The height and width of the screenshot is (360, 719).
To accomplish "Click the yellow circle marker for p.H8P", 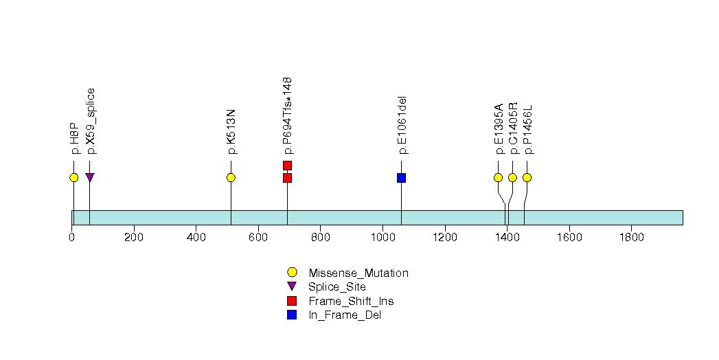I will click(x=73, y=178).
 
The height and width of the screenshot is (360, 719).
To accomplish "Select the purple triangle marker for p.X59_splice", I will click(x=89, y=177).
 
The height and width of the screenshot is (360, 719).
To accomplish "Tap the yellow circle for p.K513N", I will click(x=231, y=178).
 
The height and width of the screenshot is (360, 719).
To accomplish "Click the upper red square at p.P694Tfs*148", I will click(x=287, y=165).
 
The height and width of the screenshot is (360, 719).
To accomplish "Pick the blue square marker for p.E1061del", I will click(x=401, y=178).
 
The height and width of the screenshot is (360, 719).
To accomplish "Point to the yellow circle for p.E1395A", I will click(x=498, y=178).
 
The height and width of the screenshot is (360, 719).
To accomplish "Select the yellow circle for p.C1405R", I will click(x=512, y=178).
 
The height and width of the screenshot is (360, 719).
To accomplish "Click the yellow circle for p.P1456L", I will click(x=527, y=178).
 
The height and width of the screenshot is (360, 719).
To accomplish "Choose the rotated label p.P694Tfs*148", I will click(x=288, y=115).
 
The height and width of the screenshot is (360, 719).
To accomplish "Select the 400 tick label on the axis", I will click(x=196, y=238).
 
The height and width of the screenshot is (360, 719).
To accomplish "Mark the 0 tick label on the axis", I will click(x=72, y=238).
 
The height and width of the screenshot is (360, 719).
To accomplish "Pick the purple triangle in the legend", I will click(x=292, y=286).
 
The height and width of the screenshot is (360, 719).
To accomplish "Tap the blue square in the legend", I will click(x=292, y=315).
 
